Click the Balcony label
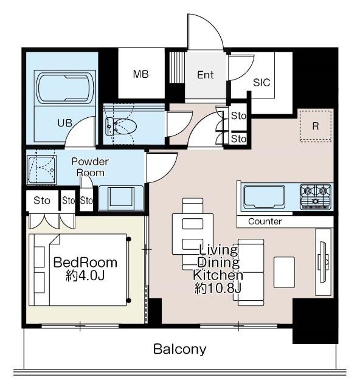pos(179,349)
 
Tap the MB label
pos(141,74)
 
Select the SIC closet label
pos(261,83)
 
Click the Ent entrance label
pos(206,75)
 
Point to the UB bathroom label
pos(65,122)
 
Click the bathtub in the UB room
pos(66,88)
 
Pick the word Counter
pos(265,221)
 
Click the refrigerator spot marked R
pos(315,126)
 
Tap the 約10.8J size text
pos(218,287)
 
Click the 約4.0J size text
pos(85,277)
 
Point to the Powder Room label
pos(90,167)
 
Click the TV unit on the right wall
pos(324,261)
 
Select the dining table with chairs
pos(193,234)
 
